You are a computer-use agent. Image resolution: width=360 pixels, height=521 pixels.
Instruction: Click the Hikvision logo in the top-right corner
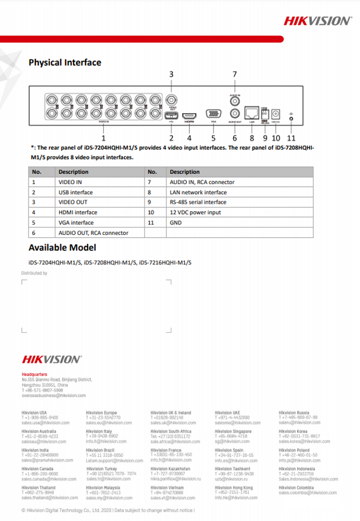tap(318, 21)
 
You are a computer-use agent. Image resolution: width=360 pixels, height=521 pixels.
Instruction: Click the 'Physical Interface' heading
tap(65, 63)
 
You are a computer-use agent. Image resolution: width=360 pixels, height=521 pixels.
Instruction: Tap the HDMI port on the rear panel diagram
tap(189, 114)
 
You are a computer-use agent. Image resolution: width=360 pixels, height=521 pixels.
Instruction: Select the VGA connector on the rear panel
tap(213, 114)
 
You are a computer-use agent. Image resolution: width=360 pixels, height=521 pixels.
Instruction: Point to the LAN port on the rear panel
tap(252, 112)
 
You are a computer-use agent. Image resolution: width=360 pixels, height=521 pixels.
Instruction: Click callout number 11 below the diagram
tap(291, 138)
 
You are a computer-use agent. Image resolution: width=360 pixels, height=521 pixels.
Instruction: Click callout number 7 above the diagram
tap(234, 74)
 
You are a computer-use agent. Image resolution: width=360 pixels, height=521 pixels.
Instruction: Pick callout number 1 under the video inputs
tap(103, 138)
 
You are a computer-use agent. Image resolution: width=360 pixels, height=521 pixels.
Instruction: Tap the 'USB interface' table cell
tap(76, 192)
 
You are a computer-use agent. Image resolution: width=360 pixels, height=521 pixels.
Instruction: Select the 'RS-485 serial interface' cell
tap(198, 202)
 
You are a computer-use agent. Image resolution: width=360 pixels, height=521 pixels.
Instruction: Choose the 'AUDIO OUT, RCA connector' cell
tap(93, 233)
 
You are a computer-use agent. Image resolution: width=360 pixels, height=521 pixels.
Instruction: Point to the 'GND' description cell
tap(175, 222)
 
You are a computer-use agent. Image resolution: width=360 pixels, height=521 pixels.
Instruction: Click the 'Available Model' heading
tap(62, 248)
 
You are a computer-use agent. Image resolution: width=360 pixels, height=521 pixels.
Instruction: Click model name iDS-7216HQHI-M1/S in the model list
tap(165, 263)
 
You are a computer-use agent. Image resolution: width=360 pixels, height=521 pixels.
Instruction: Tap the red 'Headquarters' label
tap(34, 374)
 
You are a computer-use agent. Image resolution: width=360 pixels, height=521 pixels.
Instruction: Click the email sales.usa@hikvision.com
tap(45, 423)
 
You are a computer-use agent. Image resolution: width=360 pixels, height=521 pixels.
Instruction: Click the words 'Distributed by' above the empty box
tap(34, 273)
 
